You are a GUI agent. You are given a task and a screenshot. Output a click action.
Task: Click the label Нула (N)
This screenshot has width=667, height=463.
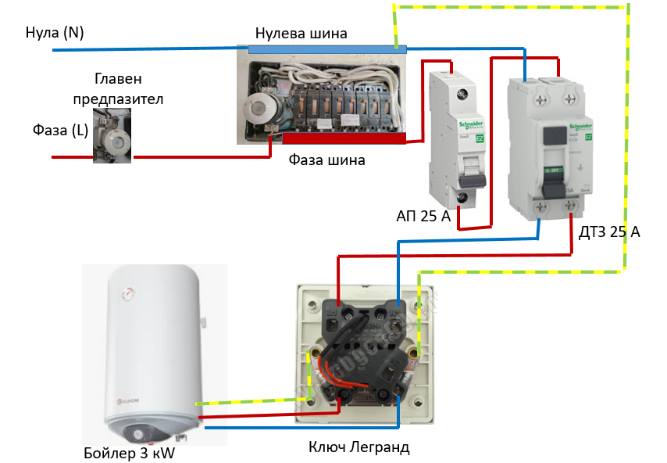(x=54, y=32)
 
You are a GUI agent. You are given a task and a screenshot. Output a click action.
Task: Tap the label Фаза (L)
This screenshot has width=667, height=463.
(x=60, y=131)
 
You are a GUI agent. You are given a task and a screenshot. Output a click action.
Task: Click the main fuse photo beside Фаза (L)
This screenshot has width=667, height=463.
(x=112, y=135)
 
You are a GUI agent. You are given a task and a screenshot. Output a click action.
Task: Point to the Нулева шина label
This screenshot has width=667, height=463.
(x=301, y=34)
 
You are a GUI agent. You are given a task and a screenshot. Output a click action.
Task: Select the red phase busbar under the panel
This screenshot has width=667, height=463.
(x=344, y=138)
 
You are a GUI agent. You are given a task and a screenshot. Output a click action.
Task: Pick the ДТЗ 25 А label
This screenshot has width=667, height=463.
(x=609, y=231)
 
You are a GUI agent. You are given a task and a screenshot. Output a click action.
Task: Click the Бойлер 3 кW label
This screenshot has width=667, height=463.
(x=129, y=453)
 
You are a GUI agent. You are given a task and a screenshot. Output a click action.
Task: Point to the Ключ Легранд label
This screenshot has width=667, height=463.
(x=359, y=447)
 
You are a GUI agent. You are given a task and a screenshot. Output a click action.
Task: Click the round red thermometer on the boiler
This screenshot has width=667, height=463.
(x=126, y=294)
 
